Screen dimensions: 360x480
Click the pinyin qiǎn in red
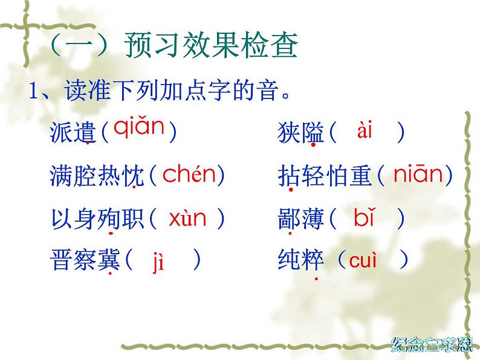[x=139, y=128]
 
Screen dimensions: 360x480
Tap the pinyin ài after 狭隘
[x=365, y=130]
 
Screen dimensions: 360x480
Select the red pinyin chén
[x=189, y=175]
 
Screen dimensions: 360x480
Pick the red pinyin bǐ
[x=365, y=218]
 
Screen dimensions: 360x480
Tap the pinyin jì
[x=158, y=262]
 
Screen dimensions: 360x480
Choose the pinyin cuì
[x=363, y=261]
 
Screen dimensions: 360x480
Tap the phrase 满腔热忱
[x=97, y=175]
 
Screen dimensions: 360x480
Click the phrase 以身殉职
[x=97, y=219]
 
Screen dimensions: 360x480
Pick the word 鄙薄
[x=301, y=219]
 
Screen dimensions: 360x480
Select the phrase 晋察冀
[x=85, y=262]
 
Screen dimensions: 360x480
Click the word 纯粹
[x=301, y=262]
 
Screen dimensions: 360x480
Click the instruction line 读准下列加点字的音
[x=163, y=92]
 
